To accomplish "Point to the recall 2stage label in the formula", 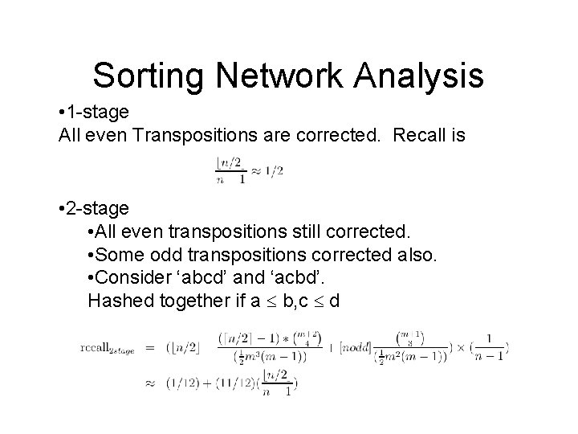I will click(x=107, y=348).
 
